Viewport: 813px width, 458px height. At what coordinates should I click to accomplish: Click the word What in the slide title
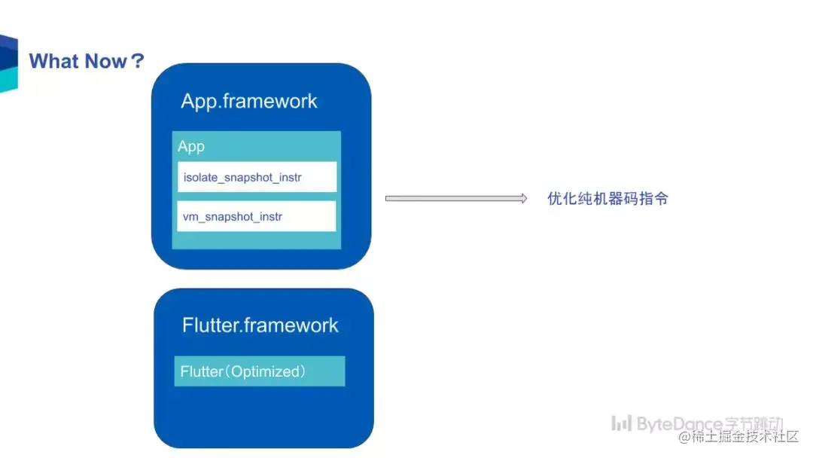pyautogui.click(x=53, y=61)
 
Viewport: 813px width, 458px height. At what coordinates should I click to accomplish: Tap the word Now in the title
pyautogui.click(x=106, y=61)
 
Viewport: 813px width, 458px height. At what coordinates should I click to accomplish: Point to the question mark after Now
pyautogui.click(x=138, y=61)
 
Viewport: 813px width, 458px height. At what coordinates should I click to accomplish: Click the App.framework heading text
pyautogui.click(x=249, y=101)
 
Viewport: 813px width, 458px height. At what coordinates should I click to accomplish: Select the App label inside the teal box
pyautogui.click(x=190, y=147)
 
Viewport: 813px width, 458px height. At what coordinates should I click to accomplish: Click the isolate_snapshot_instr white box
pyautogui.click(x=257, y=177)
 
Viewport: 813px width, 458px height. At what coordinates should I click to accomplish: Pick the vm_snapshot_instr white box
pyautogui.click(x=257, y=215)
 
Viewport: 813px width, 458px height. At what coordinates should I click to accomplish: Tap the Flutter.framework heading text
pyautogui.click(x=260, y=325)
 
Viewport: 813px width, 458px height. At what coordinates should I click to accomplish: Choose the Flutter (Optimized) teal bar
pyautogui.click(x=259, y=371)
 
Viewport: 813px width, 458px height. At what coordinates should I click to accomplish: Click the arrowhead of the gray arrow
pyautogui.click(x=524, y=198)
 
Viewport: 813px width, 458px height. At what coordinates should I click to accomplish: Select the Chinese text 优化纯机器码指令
pyautogui.click(x=607, y=198)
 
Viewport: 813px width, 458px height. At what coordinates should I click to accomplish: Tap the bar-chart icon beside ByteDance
pyautogui.click(x=621, y=423)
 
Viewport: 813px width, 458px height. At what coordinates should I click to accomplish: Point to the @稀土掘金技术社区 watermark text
pyautogui.click(x=738, y=437)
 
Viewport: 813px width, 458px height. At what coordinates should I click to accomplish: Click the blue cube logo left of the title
pyautogui.click(x=9, y=64)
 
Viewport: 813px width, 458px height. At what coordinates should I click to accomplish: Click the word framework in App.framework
pyautogui.click(x=270, y=101)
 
